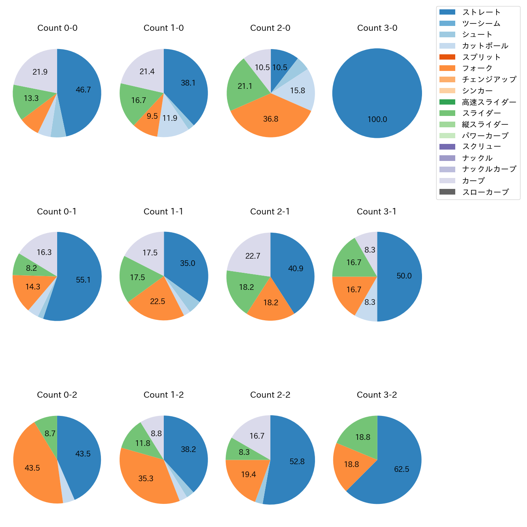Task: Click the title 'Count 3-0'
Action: [377, 28]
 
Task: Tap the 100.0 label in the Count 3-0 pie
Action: [377, 119]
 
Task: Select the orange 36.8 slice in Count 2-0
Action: [270, 119]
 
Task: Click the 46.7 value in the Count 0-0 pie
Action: [83, 90]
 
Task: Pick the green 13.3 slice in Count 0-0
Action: [31, 99]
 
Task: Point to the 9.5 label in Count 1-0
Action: [152, 116]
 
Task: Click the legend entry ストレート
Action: [481, 12]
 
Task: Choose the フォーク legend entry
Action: [477, 68]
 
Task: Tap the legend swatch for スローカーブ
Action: [447, 192]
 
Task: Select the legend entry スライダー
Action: [481, 113]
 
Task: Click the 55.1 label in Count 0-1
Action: [83, 280]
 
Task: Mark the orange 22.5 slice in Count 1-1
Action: [157, 302]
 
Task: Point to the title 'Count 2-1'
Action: [270, 212]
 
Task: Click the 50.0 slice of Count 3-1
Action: [404, 276]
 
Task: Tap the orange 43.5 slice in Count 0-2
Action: [32, 468]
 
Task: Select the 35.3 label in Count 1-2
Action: [146, 479]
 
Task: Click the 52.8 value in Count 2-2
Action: [297, 462]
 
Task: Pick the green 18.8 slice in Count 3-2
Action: [362, 437]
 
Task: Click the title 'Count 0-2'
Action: [57, 395]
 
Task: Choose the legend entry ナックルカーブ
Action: [489, 169]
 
